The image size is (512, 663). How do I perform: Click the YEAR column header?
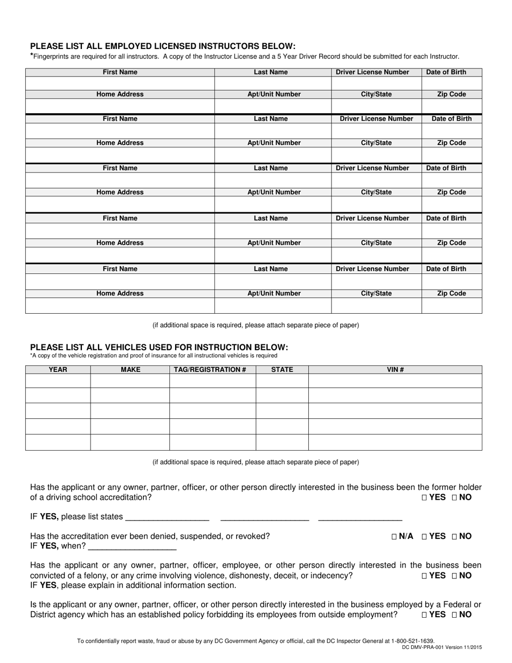point(58,370)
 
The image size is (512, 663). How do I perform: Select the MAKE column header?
point(130,370)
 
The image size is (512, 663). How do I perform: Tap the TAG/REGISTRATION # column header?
point(212,370)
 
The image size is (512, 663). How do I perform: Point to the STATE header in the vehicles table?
point(282,370)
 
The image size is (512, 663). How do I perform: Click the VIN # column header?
point(395,370)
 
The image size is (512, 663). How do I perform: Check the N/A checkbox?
point(395,536)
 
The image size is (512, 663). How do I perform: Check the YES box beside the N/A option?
point(425,536)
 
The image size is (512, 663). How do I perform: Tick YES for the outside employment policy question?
point(425,614)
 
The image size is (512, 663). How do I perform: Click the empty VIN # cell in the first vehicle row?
point(395,381)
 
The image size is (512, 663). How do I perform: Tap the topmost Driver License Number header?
point(372,72)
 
